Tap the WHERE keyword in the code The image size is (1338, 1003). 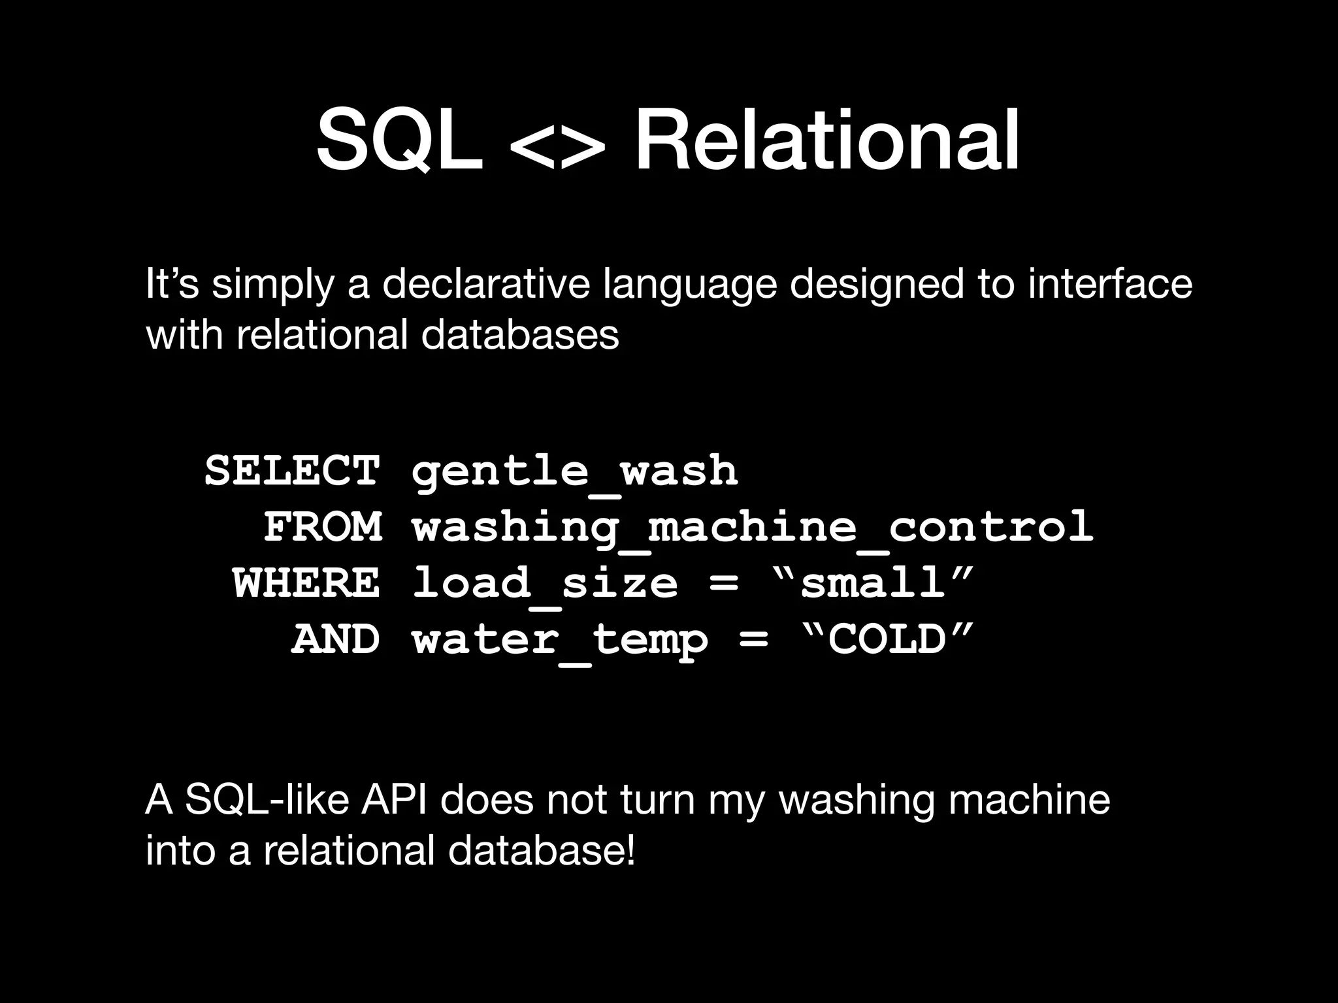tap(306, 582)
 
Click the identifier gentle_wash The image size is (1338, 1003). tap(575, 471)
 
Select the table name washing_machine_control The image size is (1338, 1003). tap(753, 528)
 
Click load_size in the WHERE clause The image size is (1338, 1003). tap(546, 584)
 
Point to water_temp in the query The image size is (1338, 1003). tap(560, 640)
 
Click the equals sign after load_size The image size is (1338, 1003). tap(723, 583)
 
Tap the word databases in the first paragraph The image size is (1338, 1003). tap(520, 334)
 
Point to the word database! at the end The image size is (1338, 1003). tap(542, 851)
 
